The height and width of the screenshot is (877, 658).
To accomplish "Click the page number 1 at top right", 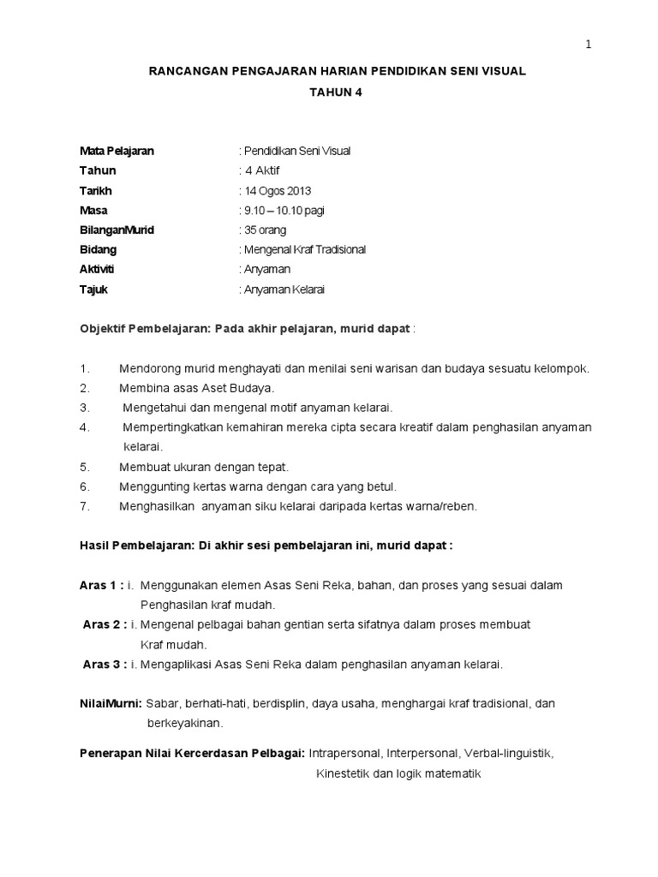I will [589, 45].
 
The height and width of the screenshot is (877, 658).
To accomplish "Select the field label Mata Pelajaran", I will [117, 151].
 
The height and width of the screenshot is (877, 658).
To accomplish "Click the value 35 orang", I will [266, 230].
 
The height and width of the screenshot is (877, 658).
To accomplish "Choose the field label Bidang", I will [99, 249].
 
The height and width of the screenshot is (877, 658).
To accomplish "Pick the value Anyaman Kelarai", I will [285, 289].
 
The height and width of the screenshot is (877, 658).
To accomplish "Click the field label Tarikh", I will [96, 190].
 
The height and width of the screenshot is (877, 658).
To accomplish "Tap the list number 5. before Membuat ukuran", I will [85, 467].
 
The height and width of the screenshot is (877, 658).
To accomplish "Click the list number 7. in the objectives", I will [85, 506].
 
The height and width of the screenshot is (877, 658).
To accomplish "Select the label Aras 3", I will [105, 664].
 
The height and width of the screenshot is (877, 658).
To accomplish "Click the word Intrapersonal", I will [344, 754].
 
